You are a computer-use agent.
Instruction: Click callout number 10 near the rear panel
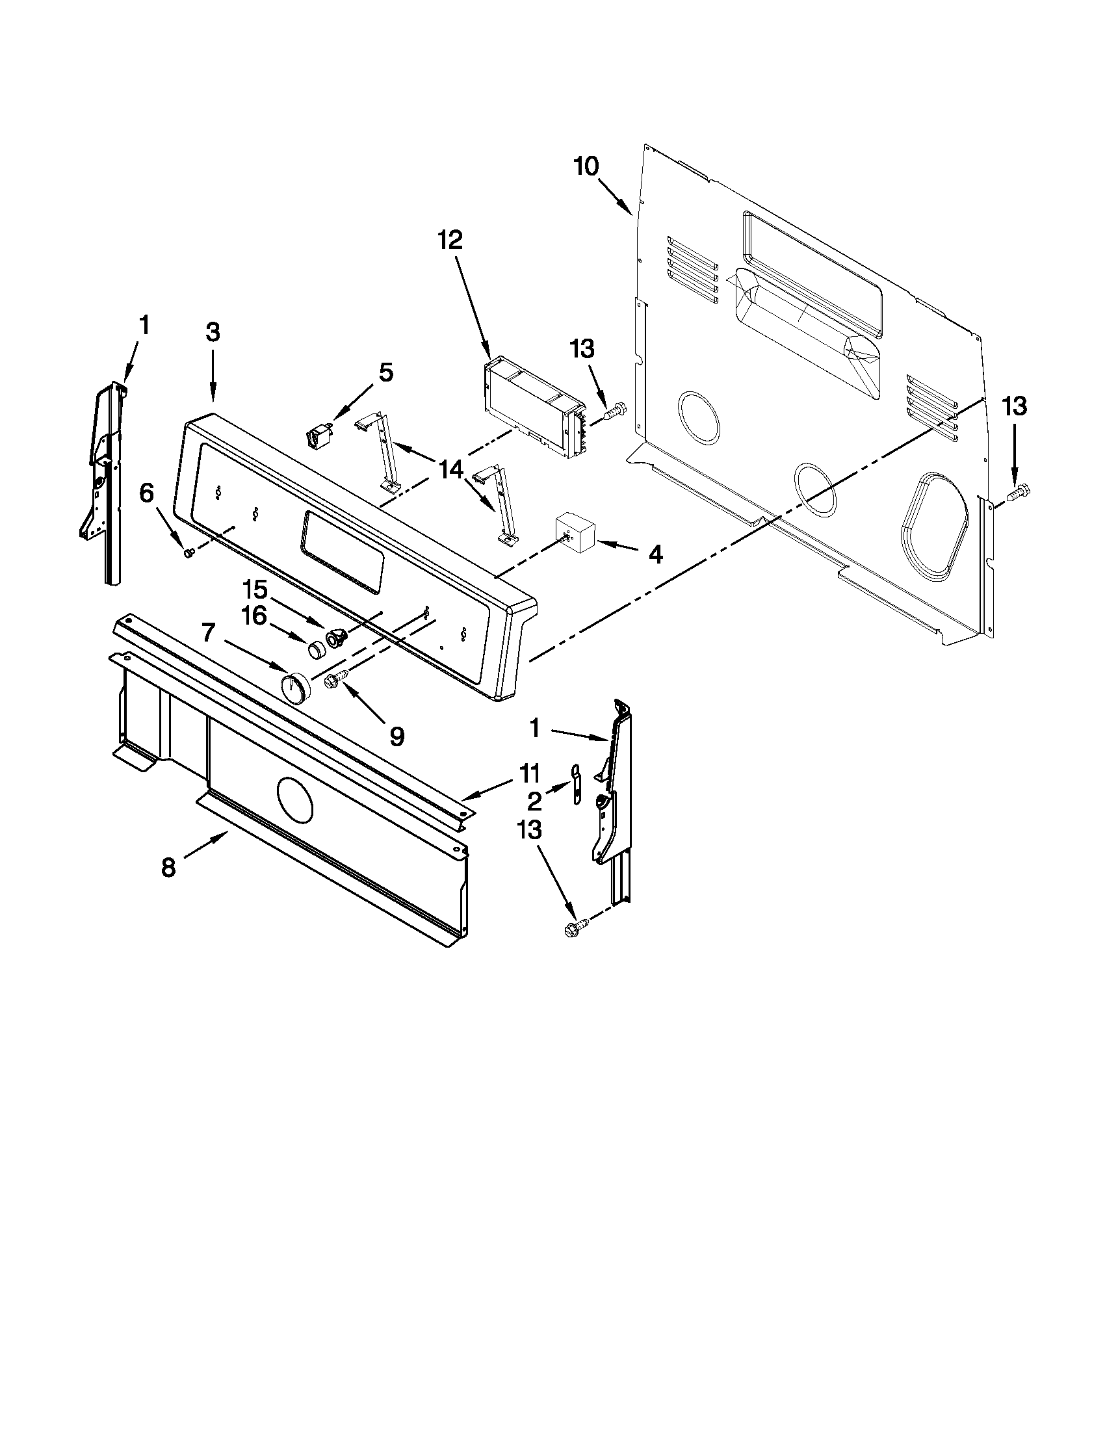click(x=586, y=167)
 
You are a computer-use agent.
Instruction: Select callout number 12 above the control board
click(x=450, y=240)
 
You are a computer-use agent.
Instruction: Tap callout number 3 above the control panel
click(x=213, y=332)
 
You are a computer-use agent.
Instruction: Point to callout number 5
click(x=386, y=372)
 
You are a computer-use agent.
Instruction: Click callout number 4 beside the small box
click(x=655, y=554)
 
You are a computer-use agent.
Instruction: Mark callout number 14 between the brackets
click(x=451, y=469)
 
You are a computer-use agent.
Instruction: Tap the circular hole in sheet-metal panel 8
click(x=296, y=799)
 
